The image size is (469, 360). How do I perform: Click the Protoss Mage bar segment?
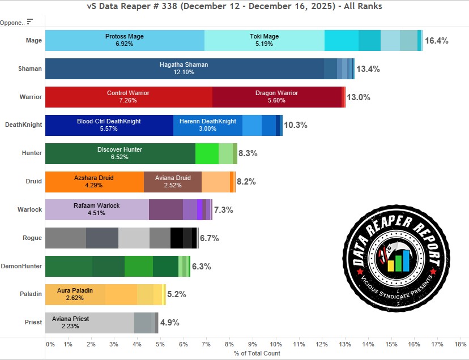pos(125,40)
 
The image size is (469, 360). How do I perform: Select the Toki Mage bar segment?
pos(264,40)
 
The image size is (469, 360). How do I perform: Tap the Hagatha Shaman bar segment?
pos(184,68)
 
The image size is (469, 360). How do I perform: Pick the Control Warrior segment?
pos(128,97)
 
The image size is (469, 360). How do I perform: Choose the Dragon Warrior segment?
pos(276,97)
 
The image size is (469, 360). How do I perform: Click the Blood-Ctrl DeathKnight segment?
pos(109,125)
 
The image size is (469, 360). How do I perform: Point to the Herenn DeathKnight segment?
pos(207,125)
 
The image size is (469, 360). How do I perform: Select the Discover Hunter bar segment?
pos(120,153)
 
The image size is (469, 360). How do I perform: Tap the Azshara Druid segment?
pos(94,182)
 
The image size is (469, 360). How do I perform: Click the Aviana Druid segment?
pos(172,182)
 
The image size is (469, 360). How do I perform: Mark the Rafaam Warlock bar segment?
pos(96,209)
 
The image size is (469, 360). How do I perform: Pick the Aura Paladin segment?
pos(75,294)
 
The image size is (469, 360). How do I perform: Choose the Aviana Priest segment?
pos(89,323)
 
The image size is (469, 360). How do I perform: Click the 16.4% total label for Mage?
pos(436,41)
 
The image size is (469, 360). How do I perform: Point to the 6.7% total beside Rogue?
pos(210,238)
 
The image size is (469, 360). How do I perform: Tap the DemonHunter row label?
pos(22,266)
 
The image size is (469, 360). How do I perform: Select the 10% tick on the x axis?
pos(275,344)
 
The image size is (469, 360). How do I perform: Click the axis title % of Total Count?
pos(257,354)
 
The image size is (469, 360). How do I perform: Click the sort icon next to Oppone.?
pos(30,22)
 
